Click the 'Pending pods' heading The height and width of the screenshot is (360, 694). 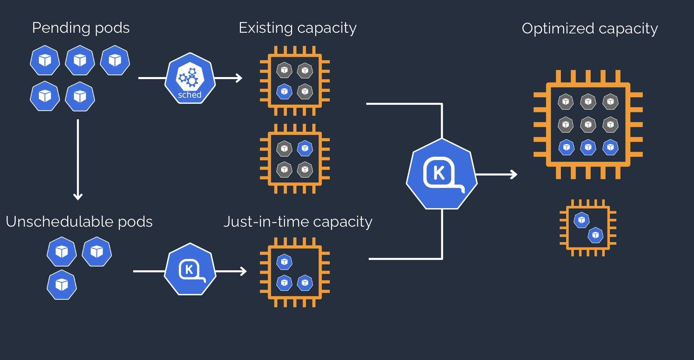[81, 28]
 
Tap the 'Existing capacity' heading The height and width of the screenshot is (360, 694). [297, 28]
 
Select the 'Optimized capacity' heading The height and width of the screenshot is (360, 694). [589, 29]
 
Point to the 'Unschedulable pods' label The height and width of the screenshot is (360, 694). [79, 222]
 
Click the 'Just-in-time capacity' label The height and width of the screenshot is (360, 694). [298, 222]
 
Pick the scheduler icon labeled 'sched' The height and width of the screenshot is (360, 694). [190, 78]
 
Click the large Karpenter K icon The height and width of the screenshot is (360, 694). [442, 174]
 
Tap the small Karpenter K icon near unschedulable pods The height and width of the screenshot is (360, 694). [190, 269]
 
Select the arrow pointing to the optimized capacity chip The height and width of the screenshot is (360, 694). [497, 174]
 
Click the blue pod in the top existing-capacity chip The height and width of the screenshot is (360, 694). [284, 92]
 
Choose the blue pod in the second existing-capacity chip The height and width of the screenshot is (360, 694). [305, 148]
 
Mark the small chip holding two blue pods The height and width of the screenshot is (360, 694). [588, 228]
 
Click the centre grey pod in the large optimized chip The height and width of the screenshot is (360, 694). [588, 125]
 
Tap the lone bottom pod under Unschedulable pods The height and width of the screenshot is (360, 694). [62, 284]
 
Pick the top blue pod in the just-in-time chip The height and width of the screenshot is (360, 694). [284, 262]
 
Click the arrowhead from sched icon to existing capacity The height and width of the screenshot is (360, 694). [239, 78]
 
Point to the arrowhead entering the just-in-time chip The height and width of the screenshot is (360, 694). [244, 271]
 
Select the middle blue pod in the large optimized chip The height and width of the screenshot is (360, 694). [588, 147]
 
